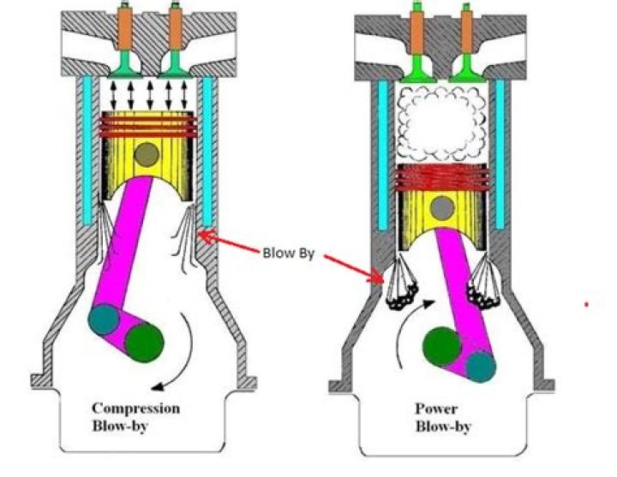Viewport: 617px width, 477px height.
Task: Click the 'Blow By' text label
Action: click(289, 253)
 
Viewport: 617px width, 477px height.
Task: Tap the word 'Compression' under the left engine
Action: click(135, 408)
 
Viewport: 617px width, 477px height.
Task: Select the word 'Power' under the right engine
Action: click(436, 409)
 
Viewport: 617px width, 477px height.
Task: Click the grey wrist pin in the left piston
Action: click(147, 154)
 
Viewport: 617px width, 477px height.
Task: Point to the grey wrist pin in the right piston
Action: click(442, 207)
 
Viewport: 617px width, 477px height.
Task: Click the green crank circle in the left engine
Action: click(144, 342)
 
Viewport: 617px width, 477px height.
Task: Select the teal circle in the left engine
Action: click(104, 319)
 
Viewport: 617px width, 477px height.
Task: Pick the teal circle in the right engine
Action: click(481, 367)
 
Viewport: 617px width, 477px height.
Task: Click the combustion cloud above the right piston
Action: click(441, 124)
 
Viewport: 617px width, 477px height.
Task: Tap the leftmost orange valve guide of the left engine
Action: click(125, 28)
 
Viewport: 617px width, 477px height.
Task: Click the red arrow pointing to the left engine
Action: click(228, 241)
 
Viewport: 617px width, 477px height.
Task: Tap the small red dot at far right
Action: click(587, 304)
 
